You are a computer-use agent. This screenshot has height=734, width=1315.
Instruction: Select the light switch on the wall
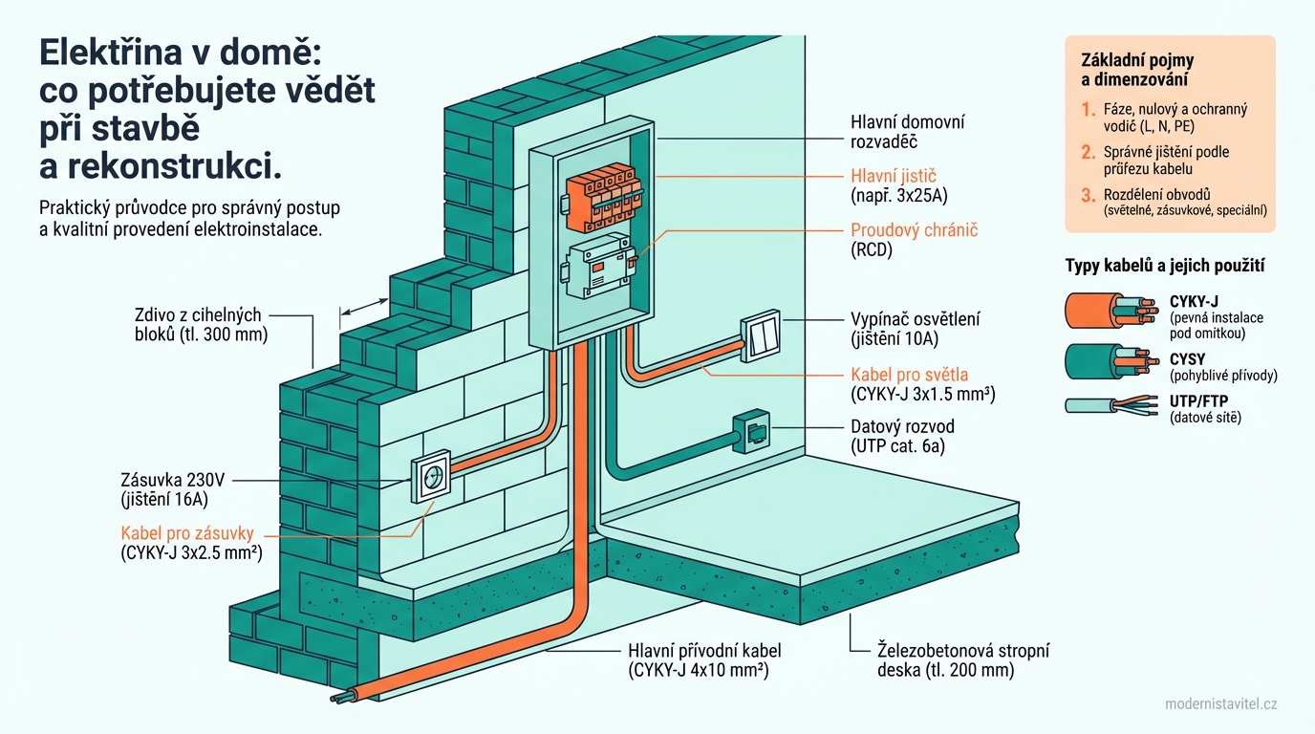pyautogui.click(x=761, y=336)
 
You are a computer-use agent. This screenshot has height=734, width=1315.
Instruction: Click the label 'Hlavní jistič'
pyautogui.click(x=893, y=176)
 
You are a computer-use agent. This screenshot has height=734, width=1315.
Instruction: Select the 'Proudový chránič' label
pyautogui.click(x=914, y=230)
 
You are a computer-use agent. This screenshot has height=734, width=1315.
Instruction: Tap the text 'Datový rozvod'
pyautogui.click(x=902, y=426)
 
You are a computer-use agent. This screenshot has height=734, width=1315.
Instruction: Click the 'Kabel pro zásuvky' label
pyautogui.click(x=187, y=533)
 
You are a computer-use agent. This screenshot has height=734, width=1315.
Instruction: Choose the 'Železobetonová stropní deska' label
pyautogui.click(x=962, y=651)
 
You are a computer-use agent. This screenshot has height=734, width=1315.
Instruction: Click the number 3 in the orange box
pyautogui.click(x=1087, y=195)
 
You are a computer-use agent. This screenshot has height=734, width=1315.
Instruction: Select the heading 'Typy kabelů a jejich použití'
pyautogui.click(x=1171, y=266)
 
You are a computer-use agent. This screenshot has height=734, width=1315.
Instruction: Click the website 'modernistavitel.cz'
pyautogui.click(x=1220, y=703)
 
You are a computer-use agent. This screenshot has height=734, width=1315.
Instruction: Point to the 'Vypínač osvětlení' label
pyautogui.click(x=915, y=319)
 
